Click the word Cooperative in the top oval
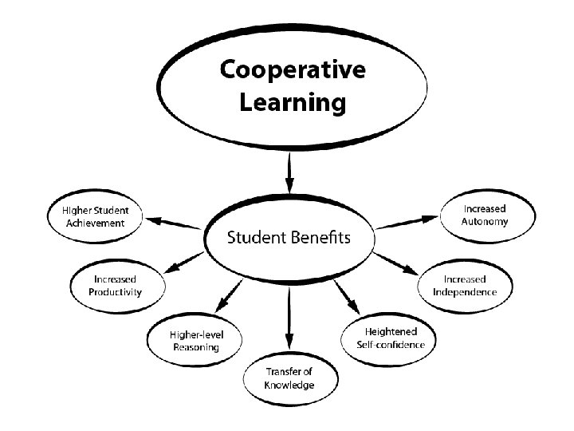[293, 71]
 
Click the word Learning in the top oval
[293, 102]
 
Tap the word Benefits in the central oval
[322, 238]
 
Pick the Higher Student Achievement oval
[96, 217]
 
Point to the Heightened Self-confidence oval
[390, 338]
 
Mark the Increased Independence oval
[465, 286]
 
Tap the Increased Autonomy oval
[484, 215]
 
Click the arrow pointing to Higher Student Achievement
[175, 223]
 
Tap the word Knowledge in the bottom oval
[289, 386]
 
